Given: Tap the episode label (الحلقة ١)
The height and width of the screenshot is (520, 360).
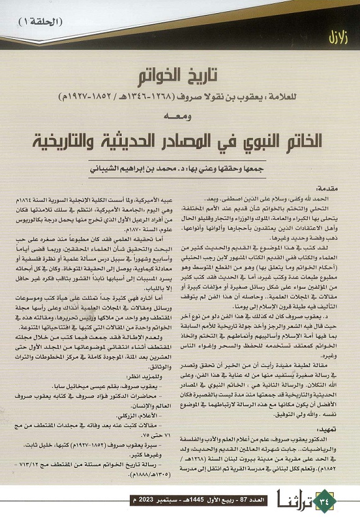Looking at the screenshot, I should pyautogui.click(x=47, y=22).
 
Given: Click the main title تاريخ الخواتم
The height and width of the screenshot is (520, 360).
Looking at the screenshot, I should pyautogui.click(x=180, y=76).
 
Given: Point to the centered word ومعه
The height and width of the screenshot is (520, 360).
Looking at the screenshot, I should pyautogui.click(x=180, y=117).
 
